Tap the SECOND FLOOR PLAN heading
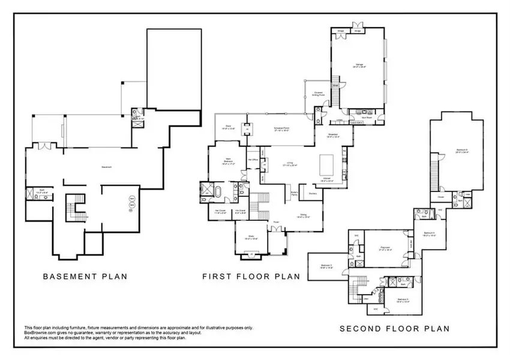394,328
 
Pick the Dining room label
303,218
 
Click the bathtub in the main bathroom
219,193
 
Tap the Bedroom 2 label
326,266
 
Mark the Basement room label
107,167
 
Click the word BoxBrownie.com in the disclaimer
38,332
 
